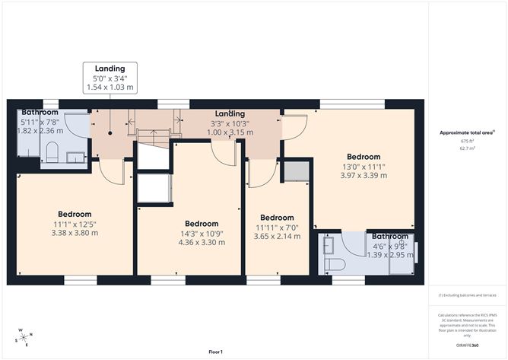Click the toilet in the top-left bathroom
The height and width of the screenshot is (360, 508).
[x=52, y=153]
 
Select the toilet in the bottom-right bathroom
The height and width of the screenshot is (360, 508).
[x=335, y=264]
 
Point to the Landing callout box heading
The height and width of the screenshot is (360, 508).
[x=110, y=68]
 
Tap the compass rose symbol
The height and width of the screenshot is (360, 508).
[x=25, y=337]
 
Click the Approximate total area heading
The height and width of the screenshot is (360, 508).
[x=465, y=132]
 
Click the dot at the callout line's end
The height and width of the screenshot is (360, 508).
[x=110, y=132]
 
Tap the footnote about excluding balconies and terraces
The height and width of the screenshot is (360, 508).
[x=466, y=295]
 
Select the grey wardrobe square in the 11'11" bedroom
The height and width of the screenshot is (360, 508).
[x=294, y=171]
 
